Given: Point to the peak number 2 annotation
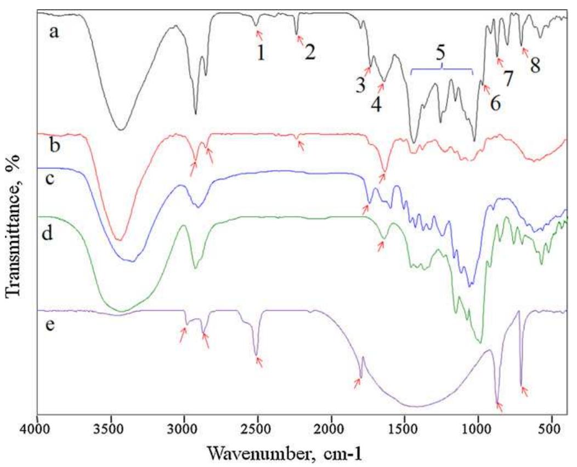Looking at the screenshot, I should click(x=310, y=53).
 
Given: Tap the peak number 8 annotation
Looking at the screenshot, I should click(x=535, y=65).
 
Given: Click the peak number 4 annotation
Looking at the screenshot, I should click(x=376, y=103).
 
